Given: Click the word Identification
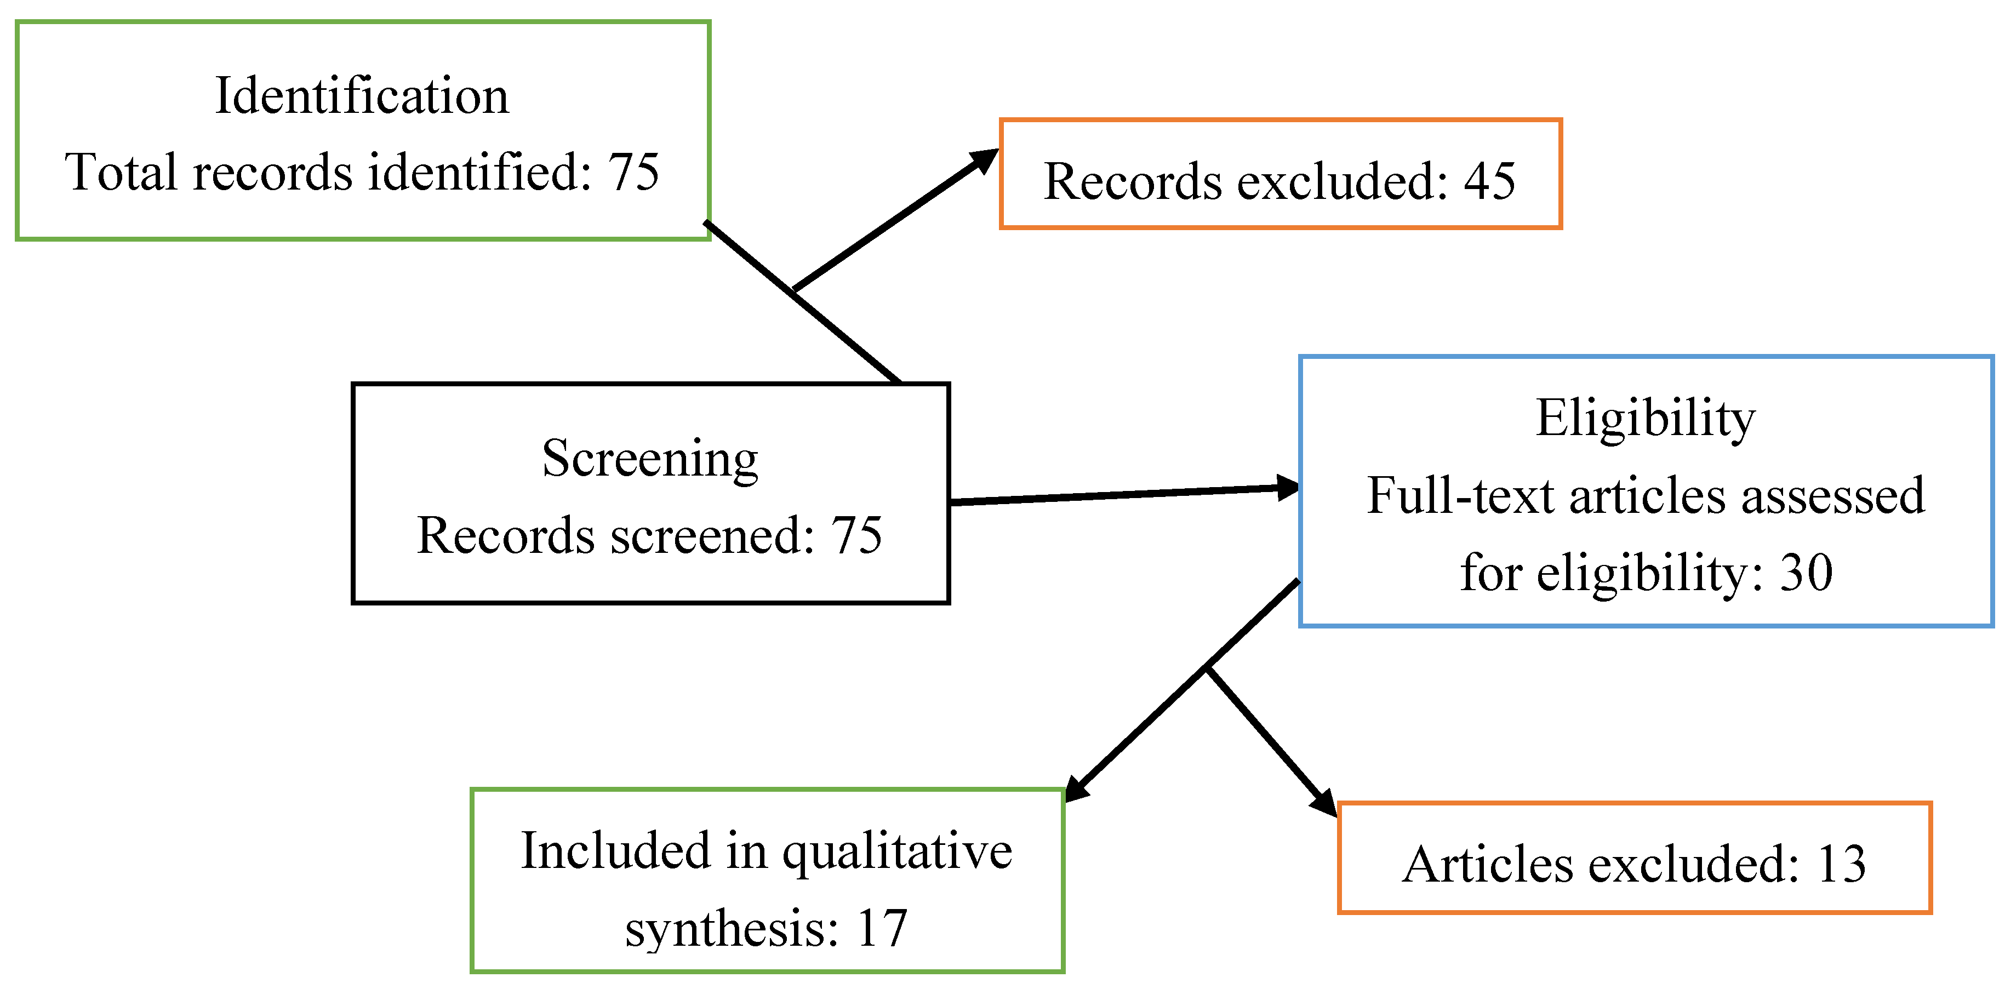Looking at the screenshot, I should pyautogui.click(x=361, y=96).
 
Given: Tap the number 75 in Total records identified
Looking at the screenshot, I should pyautogui.click(x=633, y=172).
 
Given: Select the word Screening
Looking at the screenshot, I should pyautogui.click(x=650, y=459).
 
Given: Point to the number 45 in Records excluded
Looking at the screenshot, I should pyautogui.click(x=1490, y=181).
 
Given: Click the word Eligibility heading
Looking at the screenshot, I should pyautogui.click(x=1646, y=419).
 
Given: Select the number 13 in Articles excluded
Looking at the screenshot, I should pyautogui.click(x=1842, y=864).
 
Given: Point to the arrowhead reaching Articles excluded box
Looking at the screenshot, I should pyautogui.click(x=1324, y=803).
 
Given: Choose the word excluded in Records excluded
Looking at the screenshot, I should pyautogui.click(x=1342, y=181).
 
